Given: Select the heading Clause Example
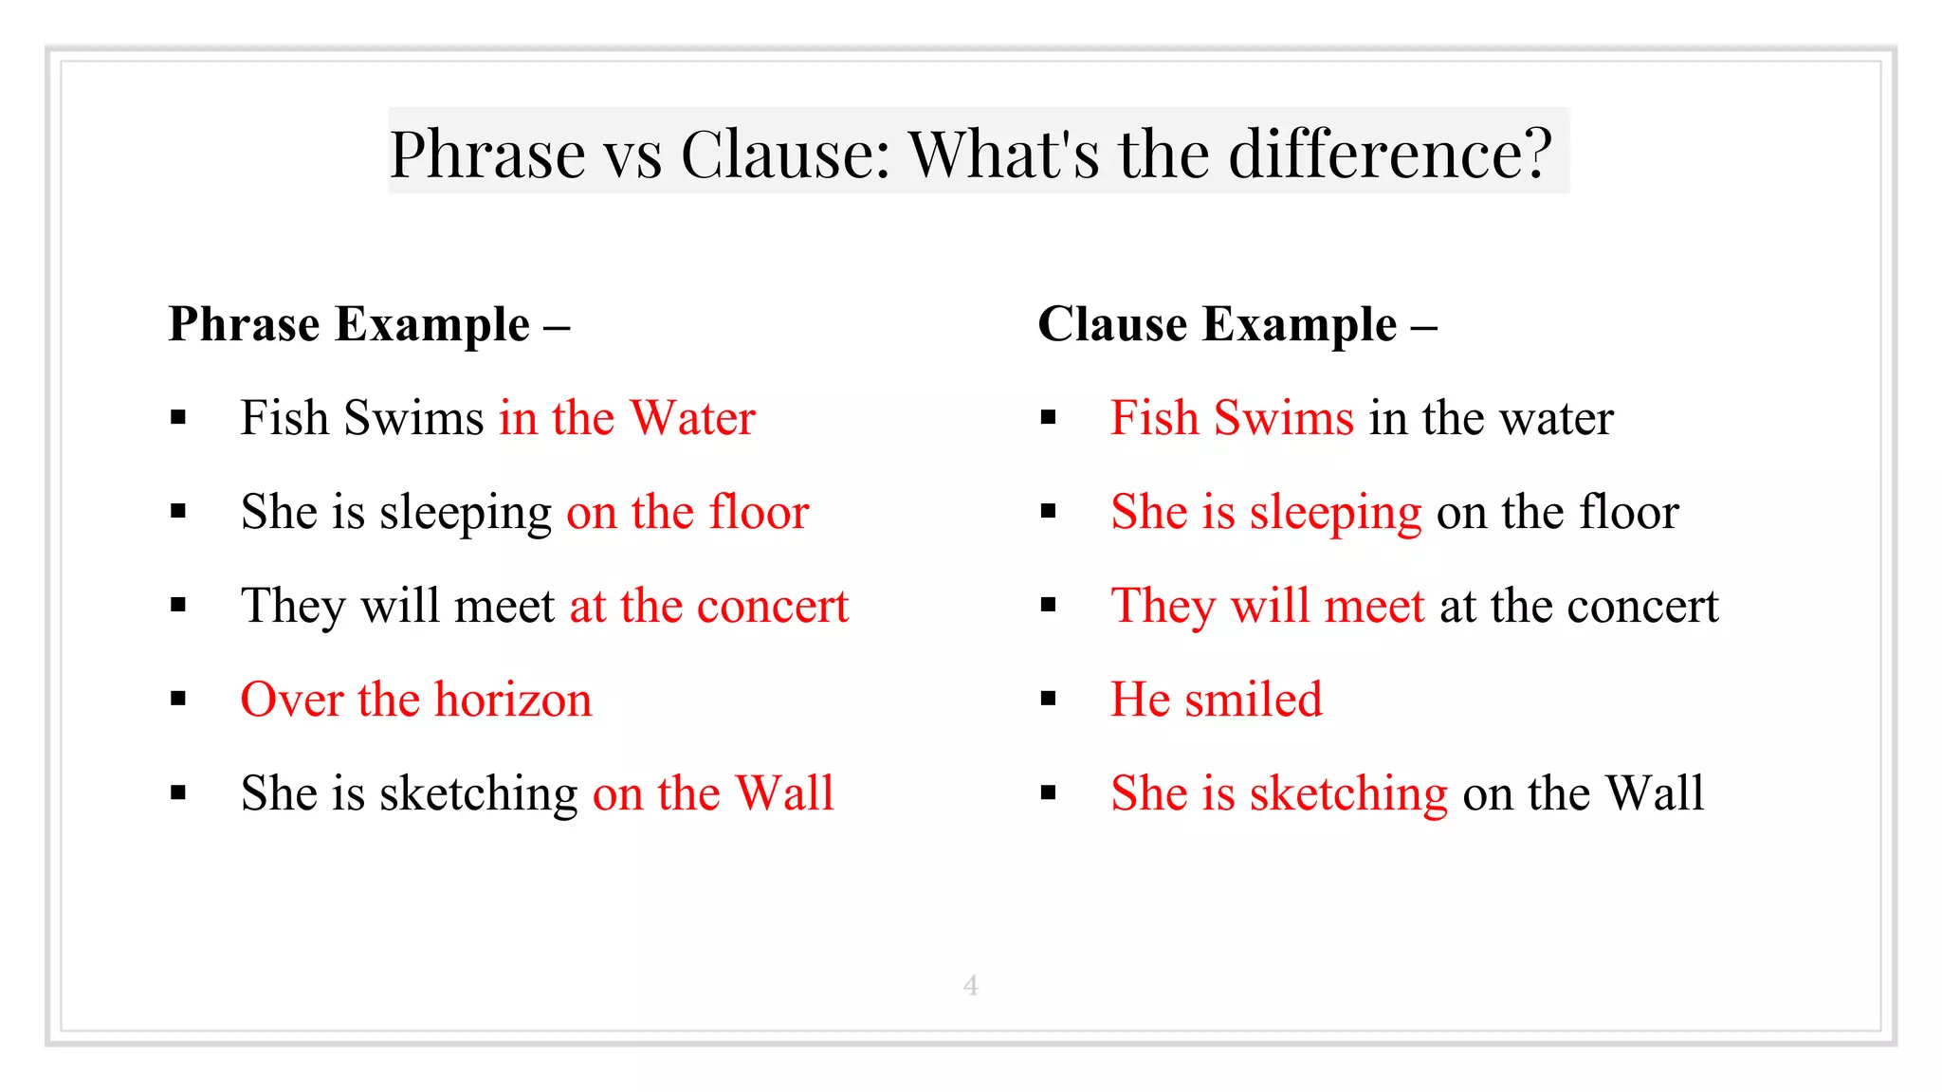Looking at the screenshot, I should [x=1218, y=324].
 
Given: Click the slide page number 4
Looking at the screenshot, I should [x=970, y=986].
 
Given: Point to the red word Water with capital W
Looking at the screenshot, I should [x=692, y=418].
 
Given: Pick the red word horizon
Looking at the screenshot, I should [x=513, y=700].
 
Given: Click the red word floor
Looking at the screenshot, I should [x=759, y=512].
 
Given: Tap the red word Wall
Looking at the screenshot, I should [x=784, y=793].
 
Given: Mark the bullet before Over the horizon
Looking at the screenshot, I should [x=178, y=700].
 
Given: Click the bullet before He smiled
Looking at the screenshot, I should [x=1048, y=700].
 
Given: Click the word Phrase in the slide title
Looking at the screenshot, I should [x=487, y=154].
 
